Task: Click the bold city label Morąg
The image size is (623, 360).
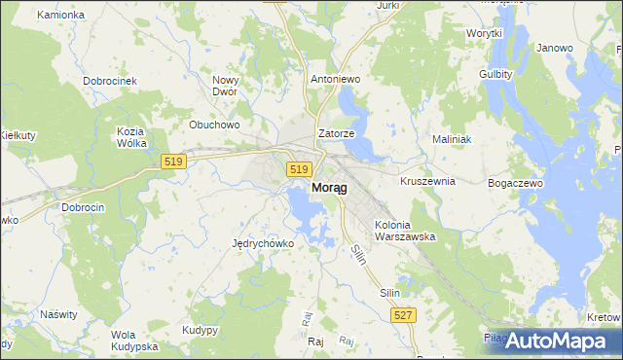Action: pyautogui.click(x=325, y=188)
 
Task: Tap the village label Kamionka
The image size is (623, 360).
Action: pyautogui.click(x=60, y=16)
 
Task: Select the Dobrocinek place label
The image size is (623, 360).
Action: pyautogui.click(x=109, y=81)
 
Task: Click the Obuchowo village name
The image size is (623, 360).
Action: pyautogui.click(x=214, y=125)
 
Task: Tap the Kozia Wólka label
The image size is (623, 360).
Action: pyautogui.click(x=130, y=137)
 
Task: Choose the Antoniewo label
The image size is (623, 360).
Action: pyautogui.click(x=335, y=79)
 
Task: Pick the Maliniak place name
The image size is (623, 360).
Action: pyautogui.click(x=452, y=139)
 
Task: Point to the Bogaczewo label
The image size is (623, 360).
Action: pyautogui.click(x=515, y=183)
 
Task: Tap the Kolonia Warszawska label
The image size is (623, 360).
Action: pyautogui.click(x=404, y=231)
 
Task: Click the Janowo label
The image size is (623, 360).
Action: pyautogui.click(x=555, y=48)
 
